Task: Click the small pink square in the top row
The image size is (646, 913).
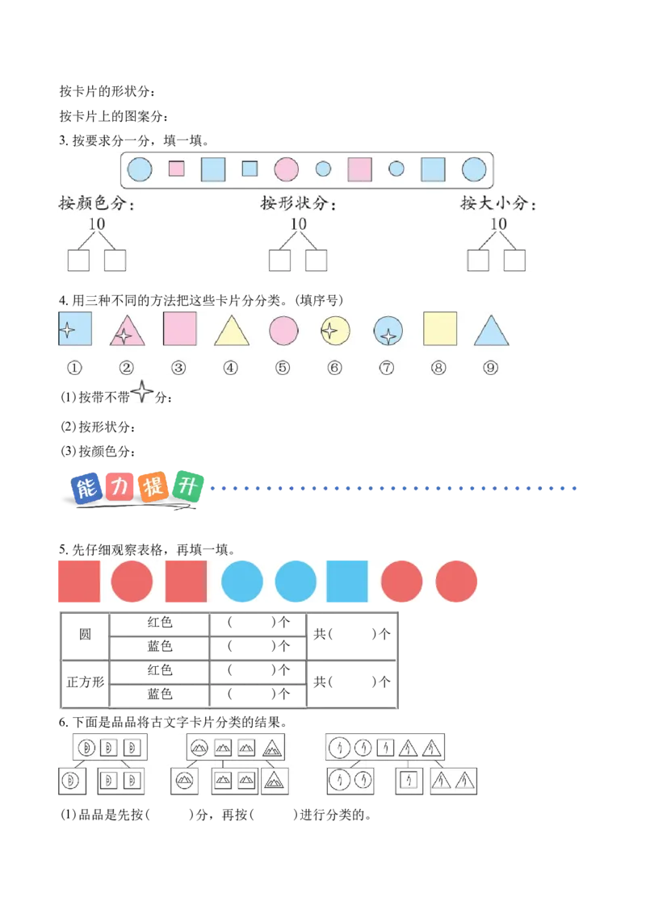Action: pos(176,169)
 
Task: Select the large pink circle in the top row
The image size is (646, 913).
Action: pos(286,169)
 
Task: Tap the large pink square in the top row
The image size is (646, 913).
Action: pos(359,169)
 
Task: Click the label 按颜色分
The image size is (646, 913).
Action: pos(95,203)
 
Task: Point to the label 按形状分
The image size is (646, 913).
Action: pos(297,203)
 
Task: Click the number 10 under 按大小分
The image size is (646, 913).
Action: pos(498,223)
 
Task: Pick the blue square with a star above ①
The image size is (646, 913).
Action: pos(74,328)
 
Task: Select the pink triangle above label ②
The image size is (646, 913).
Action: pos(127,331)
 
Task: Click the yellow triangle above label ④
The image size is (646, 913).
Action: pos(231,331)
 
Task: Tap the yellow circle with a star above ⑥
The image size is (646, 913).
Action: pos(334,330)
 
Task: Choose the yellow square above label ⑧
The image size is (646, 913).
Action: pos(440,328)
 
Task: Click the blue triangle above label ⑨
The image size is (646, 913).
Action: pos(490,331)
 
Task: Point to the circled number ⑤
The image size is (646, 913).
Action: pos(282,368)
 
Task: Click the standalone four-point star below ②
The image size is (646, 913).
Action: pos(142,394)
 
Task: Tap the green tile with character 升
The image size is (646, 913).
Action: pos(187,486)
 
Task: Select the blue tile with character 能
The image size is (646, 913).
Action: pos(84,489)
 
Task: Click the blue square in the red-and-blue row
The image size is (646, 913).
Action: pos(347,581)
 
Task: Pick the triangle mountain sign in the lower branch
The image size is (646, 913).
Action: pos(275,780)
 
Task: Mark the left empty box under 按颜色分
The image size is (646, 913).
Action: pos(78,260)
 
